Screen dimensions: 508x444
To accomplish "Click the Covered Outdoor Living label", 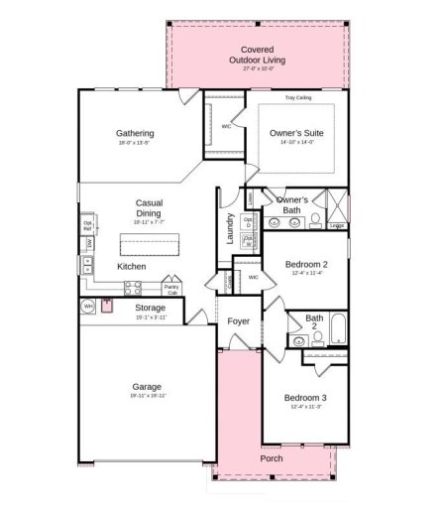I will coord(257,55).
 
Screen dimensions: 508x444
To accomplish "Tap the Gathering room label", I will coord(135,133).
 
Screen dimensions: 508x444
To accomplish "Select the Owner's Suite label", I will coord(296,133).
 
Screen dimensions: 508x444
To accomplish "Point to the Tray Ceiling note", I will coord(298,98).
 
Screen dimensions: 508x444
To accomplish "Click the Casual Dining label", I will coord(149,208).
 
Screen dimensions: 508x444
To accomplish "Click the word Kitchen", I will coord(132,267).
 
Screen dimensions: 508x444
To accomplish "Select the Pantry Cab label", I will coord(171,290).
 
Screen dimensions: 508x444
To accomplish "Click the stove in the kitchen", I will coord(132,288).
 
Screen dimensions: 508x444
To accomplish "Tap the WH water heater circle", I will coord(88,307).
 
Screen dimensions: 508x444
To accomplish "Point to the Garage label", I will coord(147,387).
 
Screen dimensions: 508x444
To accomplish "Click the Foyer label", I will coord(238,321).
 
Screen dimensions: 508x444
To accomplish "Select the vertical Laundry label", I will coord(230,229).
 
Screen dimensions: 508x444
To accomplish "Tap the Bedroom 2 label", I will coord(305,265).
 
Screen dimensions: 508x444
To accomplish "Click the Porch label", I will coord(271,458).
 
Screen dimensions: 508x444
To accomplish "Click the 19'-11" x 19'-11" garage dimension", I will coord(147,396).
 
